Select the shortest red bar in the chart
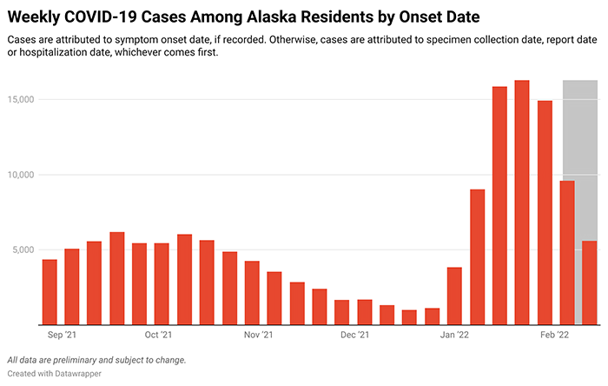(409, 316)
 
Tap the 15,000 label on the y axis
(19, 100)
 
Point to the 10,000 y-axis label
(19, 175)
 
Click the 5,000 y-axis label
(22, 250)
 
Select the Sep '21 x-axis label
(61, 334)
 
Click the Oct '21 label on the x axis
(157, 334)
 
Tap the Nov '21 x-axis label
(258, 334)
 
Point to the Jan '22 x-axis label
(454, 334)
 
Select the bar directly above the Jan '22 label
(454, 296)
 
